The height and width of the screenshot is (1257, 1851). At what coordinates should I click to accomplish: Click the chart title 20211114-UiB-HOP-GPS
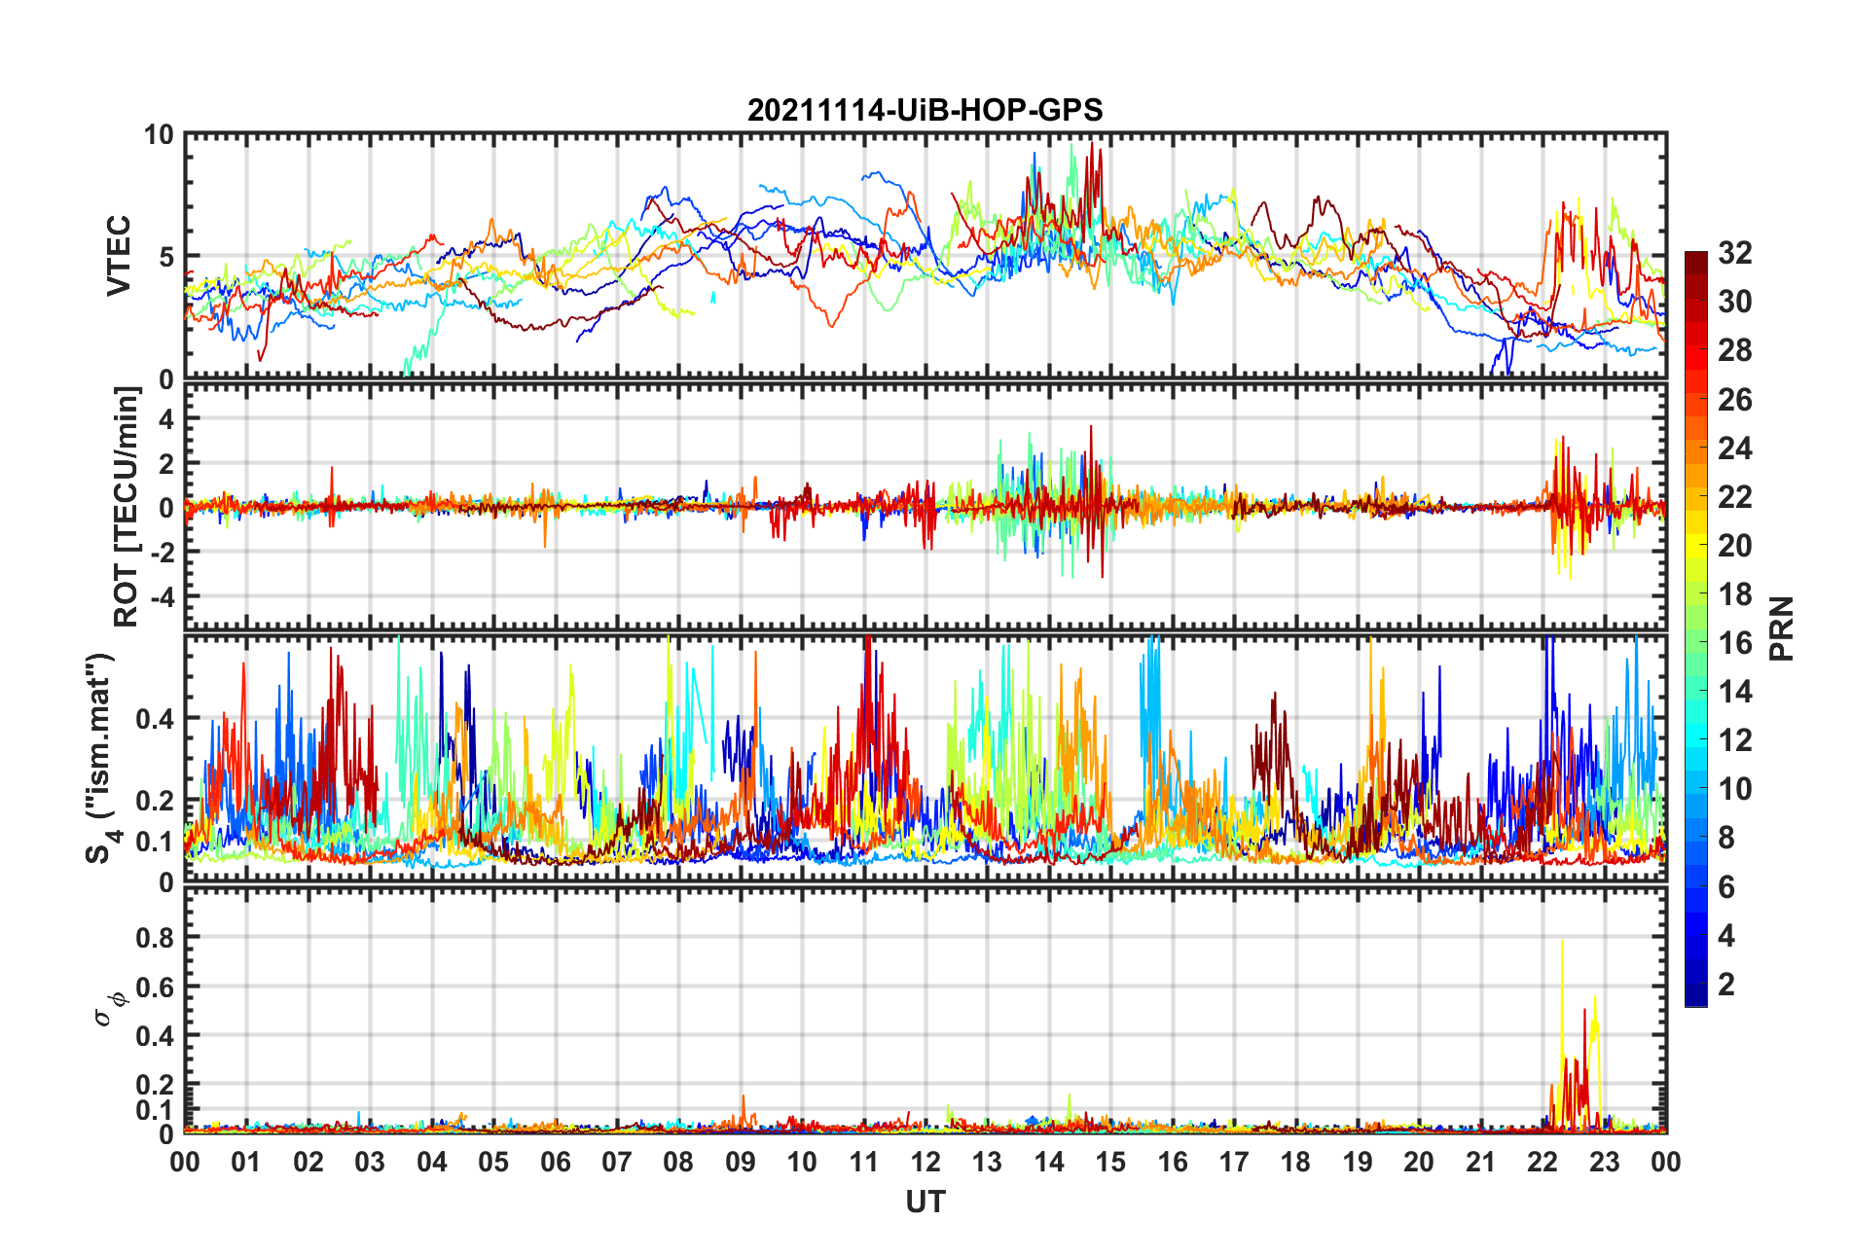[925, 110]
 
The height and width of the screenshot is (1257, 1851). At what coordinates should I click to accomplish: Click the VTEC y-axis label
[119, 256]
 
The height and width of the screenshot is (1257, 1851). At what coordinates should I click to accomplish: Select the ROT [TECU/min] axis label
[127, 507]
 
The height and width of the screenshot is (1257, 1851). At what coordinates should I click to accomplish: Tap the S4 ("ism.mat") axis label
[100, 759]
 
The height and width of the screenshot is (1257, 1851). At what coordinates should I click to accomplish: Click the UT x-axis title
[925, 1203]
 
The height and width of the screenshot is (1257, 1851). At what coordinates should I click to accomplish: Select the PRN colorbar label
[1781, 628]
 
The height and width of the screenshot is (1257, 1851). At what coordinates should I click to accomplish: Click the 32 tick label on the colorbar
[1735, 253]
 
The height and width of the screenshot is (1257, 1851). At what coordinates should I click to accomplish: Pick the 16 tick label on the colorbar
[1735, 643]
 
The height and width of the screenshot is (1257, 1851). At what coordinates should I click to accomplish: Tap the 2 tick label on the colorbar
[1727, 985]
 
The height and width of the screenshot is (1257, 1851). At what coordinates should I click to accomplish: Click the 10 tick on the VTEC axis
[159, 135]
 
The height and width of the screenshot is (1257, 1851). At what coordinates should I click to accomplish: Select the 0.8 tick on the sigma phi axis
[155, 938]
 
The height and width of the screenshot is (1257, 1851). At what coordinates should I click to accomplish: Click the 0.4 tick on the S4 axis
[155, 719]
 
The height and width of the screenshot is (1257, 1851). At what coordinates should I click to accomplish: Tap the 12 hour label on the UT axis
[925, 1163]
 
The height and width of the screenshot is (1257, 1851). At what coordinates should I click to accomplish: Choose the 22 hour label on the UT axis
[1542, 1163]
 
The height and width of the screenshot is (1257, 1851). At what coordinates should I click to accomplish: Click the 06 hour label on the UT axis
[556, 1163]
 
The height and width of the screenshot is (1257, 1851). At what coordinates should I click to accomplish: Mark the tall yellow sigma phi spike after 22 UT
[1562, 944]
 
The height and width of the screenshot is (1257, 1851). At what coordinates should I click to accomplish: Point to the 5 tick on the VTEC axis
[166, 257]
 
